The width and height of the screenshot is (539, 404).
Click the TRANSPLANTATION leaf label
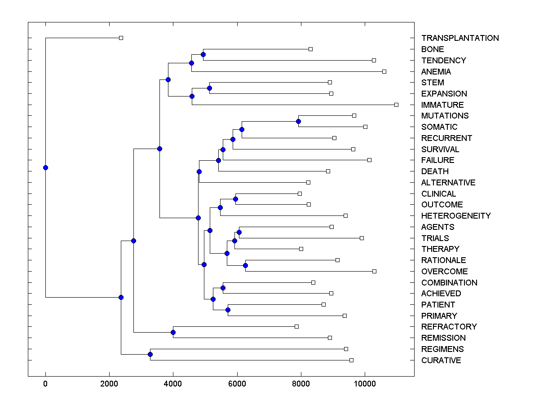pos(460,38)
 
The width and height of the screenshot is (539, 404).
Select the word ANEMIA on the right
pos(436,71)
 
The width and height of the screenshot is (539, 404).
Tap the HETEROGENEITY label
pos(456,216)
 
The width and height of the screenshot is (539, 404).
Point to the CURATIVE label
pos(441,360)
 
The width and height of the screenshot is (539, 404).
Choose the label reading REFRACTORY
pos(449,327)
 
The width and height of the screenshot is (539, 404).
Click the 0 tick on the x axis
pos(45,383)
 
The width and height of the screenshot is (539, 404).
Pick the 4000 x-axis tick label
pos(173,383)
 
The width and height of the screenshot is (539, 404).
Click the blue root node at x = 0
pos(45,167)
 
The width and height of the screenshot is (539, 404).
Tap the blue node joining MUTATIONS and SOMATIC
pos(298,121)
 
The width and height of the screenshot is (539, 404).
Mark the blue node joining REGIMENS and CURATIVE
pos(150,355)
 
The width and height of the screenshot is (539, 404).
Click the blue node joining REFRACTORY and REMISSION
pos(173,333)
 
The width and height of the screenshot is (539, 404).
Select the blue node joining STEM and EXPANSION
pos(209,88)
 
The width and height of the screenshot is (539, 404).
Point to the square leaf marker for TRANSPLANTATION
pos(121,38)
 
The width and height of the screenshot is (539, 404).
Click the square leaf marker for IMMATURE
pos(396,105)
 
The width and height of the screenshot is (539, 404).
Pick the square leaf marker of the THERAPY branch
pos(301,249)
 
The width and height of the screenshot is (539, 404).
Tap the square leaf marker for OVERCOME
pos(374,271)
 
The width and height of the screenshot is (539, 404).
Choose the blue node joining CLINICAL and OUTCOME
pos(235,199)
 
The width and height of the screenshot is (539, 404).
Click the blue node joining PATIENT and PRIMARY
pos(228,310)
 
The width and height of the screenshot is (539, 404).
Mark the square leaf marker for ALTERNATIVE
pos(308,182)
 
